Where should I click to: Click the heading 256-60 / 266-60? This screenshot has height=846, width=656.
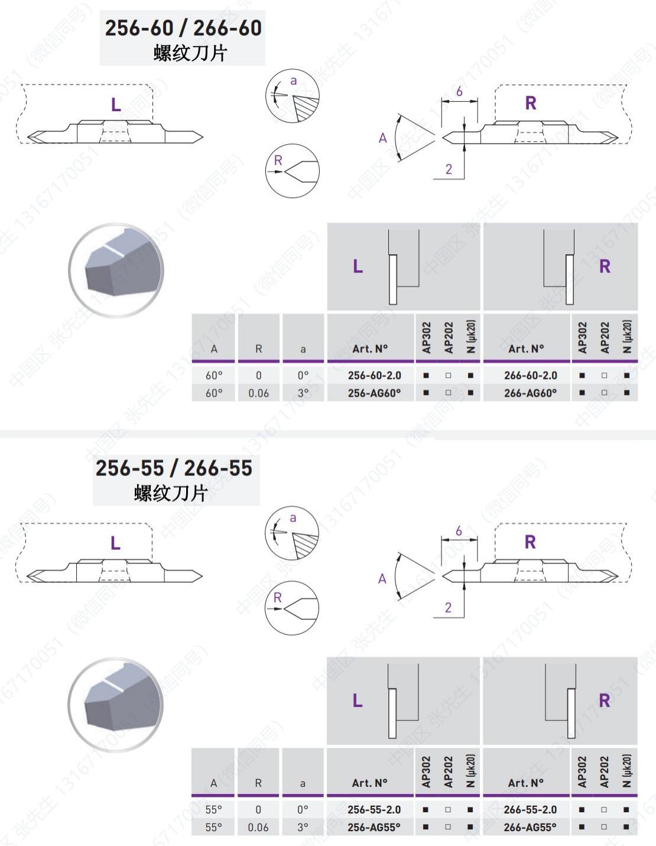183,28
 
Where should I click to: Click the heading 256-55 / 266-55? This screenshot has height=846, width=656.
174,468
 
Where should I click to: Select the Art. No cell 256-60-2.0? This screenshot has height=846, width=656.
374,375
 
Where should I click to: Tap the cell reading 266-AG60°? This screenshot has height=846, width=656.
530,393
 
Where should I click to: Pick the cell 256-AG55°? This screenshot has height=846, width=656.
374,828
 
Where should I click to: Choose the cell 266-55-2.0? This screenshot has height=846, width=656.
530,810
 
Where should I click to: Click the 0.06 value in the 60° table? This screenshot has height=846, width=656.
258,393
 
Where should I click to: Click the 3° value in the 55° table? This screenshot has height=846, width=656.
303,828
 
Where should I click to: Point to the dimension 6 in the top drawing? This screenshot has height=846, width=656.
459,92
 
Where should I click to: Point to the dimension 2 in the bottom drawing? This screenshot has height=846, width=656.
448,608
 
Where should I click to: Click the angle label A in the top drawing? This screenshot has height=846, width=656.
383,138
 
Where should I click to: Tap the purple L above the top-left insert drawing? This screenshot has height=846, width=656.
116,105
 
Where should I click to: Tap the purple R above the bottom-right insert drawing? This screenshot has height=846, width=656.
530,542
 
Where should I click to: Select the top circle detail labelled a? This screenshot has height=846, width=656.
292,96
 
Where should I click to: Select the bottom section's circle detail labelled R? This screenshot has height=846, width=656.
292,608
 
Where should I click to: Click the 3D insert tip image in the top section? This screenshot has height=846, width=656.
116,270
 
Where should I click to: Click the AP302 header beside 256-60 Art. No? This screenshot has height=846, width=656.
427,338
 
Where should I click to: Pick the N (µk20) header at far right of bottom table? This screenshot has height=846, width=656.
626,771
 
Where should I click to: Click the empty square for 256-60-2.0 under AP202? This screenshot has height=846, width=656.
449,375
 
